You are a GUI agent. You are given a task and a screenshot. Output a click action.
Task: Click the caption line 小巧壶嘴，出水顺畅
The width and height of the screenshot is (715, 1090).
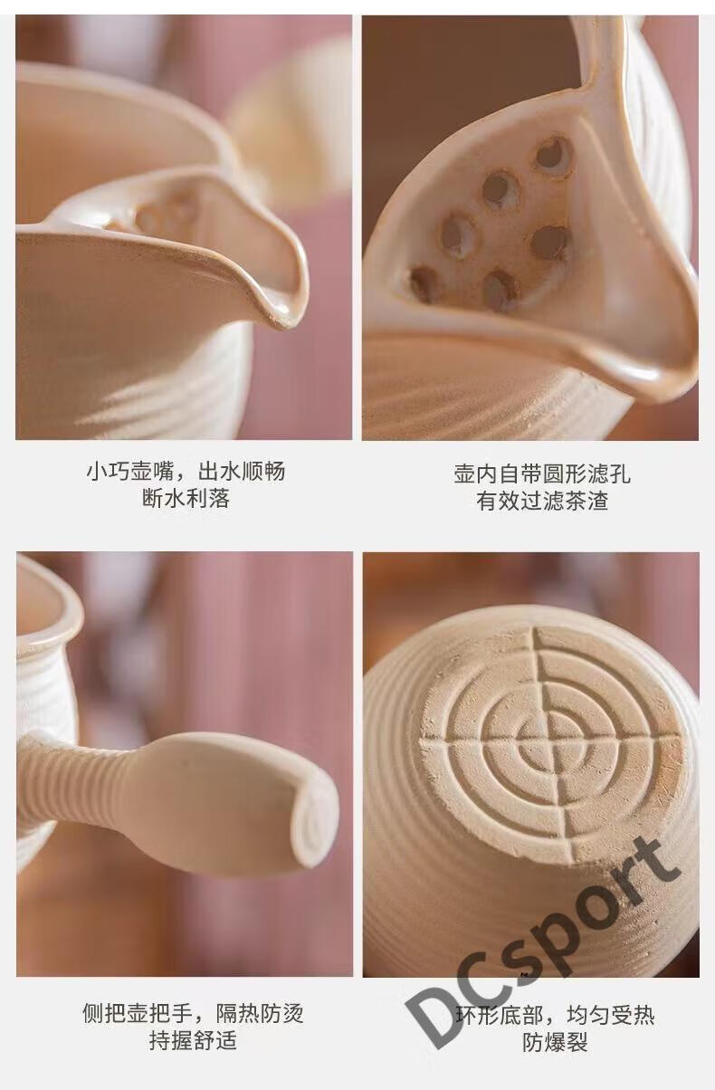pyautogui.click(x=186, y=472)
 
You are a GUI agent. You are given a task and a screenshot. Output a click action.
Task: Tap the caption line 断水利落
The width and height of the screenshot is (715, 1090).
pyautogui.click(x=186, y=499)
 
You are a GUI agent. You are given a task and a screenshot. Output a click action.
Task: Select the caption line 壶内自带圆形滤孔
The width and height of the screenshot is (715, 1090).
pyautogui.click(x=542, y=473)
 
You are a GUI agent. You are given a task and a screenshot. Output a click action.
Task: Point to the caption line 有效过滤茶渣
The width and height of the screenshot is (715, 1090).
pyautogui.click(x=542, y=501)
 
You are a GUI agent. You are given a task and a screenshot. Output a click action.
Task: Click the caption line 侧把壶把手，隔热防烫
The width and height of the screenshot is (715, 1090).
pyautogui.click(x=193, y=1013)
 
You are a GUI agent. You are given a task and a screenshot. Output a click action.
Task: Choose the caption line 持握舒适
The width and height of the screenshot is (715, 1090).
pyautogui.click(x=193, y=1040)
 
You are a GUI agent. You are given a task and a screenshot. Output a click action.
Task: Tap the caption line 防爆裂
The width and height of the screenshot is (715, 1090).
pyautogui.click(x=555, y=1042)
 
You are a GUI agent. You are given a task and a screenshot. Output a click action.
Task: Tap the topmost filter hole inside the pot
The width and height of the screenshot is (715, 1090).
pyautogui.click(x=554, y=155)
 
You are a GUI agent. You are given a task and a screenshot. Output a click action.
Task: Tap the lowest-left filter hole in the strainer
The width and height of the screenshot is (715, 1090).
pyautogui.click(x=424, y=283)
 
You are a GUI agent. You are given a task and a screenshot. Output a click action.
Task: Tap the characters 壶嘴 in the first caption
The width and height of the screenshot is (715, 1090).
pyautogui.click(x=152, y=472)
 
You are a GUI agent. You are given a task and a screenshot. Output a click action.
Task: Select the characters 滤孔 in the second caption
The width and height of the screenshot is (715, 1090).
pyautogui.click(x=609, y=473)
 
